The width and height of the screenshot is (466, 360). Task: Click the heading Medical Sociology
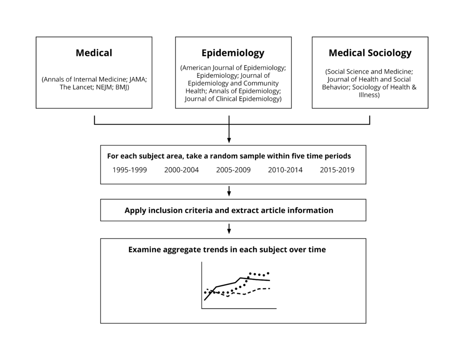coord(370,53)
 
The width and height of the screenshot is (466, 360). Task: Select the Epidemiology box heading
coord(233,53)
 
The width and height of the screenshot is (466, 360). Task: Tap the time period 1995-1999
coord(130,170)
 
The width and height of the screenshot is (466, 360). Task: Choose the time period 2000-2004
coord(182,170)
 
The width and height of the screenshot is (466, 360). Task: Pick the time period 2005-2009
coord(233,170)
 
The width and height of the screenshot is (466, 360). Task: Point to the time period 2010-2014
coord(285,170)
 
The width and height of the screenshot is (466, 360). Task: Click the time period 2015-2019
coord(337,170)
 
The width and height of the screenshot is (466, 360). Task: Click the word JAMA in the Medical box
coord(137,79)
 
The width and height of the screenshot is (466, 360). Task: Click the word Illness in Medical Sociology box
coord(369,95)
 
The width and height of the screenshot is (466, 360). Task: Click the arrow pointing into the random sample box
coord(229,129)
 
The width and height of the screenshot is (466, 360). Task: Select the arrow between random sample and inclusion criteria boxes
coord(229,191)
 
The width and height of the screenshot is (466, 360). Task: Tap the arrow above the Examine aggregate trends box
coord(229,229)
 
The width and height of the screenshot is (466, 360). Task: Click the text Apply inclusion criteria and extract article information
coord(229,210)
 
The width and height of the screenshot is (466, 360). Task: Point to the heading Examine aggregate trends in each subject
coord(227,250)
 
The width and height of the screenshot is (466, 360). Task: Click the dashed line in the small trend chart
coord(238,293)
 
